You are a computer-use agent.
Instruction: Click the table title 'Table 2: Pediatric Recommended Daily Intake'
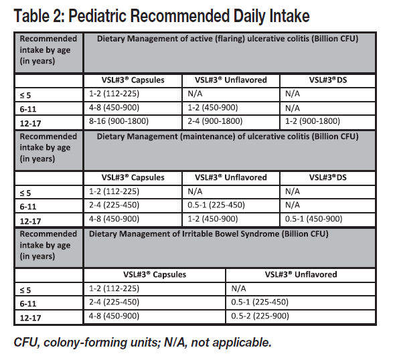(x=161, y=16)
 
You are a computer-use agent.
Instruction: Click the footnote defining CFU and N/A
(x=143, y=343)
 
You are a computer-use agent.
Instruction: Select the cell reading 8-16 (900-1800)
(x=118, y=121)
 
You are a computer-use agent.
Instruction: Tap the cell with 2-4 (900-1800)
(x=215, y=121)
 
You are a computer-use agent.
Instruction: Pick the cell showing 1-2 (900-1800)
(x=313, y=121)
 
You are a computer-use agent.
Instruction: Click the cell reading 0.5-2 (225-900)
(x=260, y=316)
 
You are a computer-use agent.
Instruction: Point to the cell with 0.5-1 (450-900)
(x=313, y=219)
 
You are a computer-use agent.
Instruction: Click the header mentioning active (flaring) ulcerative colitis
(x=228, y=39)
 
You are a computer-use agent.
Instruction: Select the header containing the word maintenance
(x=228, y=137)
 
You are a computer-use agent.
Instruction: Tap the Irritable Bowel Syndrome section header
(x=209, y=234)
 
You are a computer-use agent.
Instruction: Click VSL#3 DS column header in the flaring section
(x=328, y=80)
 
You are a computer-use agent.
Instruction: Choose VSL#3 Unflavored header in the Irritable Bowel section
(x=301, y=274)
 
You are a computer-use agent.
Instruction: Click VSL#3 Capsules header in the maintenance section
(x=133, y=177)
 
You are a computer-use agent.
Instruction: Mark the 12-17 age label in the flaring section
(x=30, y=124)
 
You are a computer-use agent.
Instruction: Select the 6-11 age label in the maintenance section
(x=28, y=207)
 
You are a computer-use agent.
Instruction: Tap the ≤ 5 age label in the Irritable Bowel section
(x=25, y=290)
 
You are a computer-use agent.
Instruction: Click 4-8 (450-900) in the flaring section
(x=114, y=108)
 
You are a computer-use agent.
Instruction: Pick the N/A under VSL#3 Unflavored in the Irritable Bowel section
(x=238, y=288)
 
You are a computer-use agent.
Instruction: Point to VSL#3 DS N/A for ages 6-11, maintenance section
(x=292, y=205)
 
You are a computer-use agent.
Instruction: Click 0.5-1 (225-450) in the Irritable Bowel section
(x=260, y=302)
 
